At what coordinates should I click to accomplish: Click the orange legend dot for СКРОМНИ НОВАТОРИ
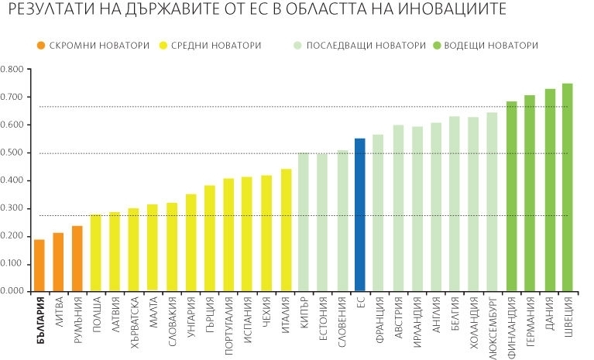[x=39, y=45]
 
